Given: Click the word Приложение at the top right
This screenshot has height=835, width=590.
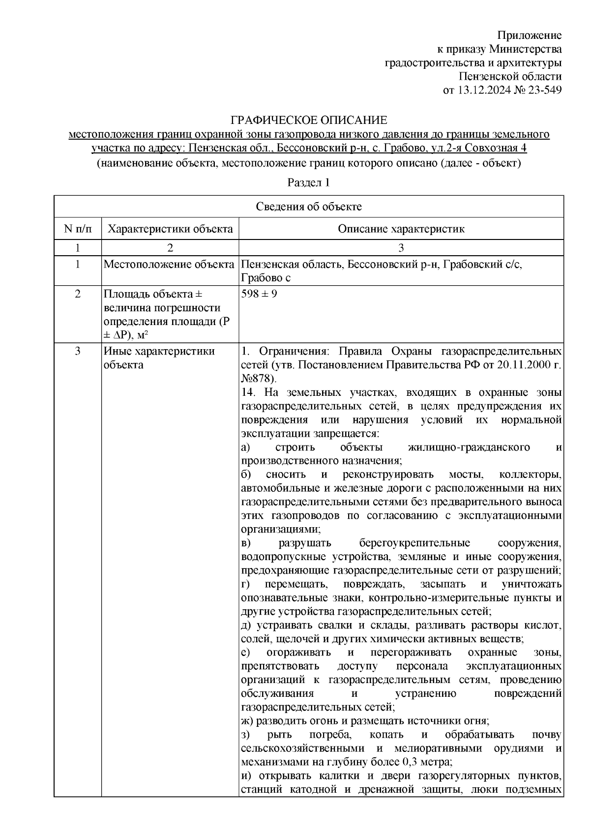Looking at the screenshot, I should (529, 35).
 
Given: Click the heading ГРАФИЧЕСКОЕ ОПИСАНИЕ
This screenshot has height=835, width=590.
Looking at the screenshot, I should (309, 120).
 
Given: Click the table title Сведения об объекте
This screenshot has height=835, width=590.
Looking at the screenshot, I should (308, 207).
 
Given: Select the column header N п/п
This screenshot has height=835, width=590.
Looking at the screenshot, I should (77, 229).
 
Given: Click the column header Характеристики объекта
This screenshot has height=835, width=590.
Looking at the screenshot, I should (170, 229).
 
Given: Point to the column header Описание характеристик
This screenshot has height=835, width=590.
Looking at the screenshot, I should (401, 229).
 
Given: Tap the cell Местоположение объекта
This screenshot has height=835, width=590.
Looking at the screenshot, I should (169, 265).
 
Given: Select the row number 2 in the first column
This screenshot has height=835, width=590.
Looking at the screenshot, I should (77, 294).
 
